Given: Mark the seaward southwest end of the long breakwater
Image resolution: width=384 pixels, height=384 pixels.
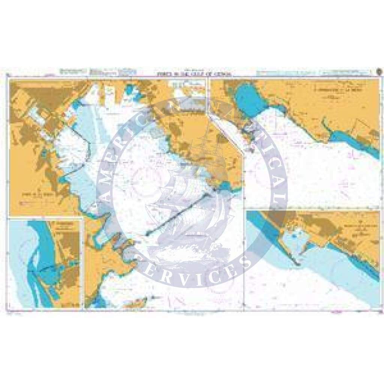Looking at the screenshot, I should coord(147,234).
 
